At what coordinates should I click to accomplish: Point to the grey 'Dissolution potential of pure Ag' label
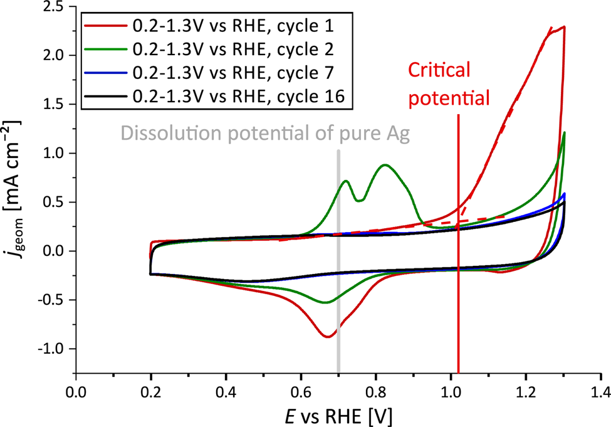(265, 133)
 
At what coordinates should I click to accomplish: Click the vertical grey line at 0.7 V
(338, 263)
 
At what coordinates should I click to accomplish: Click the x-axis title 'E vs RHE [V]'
(338, 414)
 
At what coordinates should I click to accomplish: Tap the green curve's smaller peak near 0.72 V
(346, 181)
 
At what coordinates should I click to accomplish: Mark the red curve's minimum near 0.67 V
(328, 337)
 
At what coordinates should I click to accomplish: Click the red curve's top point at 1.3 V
(564, 27)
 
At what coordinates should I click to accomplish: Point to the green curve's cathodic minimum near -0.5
(325, 302)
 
